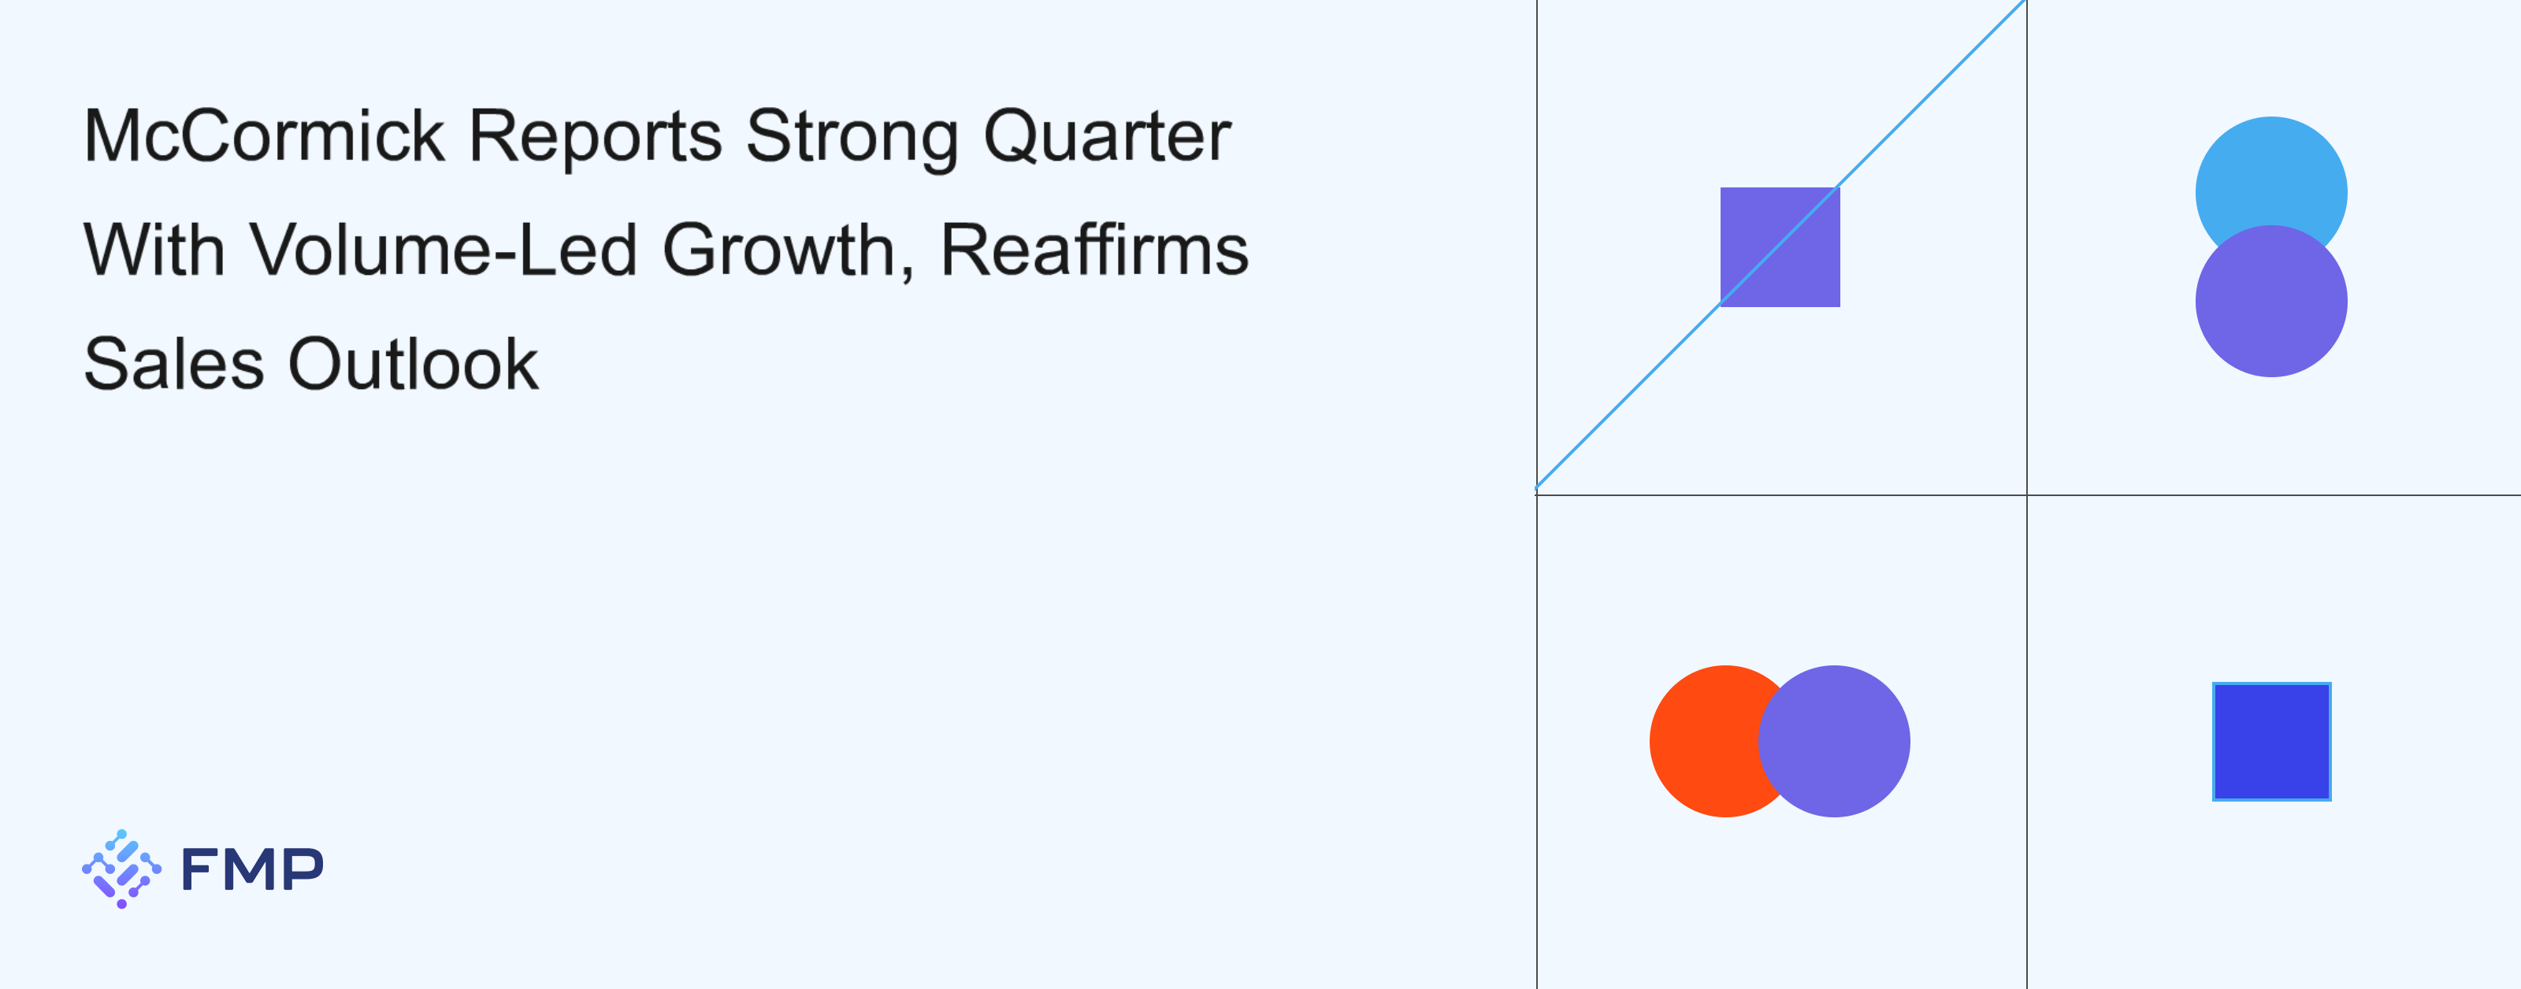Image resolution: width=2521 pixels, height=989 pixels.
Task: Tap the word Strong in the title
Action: tap(852, 138)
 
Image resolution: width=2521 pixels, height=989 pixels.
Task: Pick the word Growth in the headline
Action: tap(779, 250)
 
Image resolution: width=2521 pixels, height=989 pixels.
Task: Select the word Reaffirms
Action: tap(1094, 249)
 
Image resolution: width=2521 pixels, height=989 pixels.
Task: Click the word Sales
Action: tap(174, 364)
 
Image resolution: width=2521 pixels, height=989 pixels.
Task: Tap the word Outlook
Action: tap(413, 363)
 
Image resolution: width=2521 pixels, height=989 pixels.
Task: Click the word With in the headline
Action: tap(154, 250)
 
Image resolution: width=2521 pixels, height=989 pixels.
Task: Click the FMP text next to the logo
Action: tap(252, 869)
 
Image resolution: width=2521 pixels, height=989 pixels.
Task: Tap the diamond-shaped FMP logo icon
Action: tap(121, 869)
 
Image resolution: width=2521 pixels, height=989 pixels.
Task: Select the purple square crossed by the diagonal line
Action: tap(1780, 247)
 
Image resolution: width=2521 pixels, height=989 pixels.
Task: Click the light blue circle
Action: tap(2271, 176)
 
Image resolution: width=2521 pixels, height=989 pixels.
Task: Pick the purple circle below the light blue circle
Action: tap(2271, 302)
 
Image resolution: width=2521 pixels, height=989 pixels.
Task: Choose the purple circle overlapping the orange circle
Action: tap(1834, 742)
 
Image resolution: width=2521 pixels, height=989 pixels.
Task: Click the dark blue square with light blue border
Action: tap(2271, 742)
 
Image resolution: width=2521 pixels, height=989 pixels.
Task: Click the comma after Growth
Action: tap(908, 274)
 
